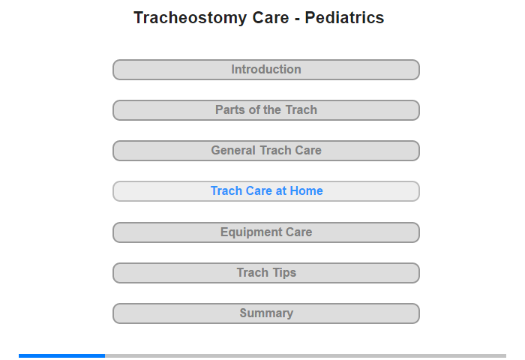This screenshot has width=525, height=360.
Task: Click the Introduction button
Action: [265, 70]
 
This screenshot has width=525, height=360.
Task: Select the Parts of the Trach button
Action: [265, 110]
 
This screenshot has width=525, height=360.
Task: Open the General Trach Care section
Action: [265, 151]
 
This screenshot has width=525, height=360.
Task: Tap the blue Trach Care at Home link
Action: [266, 191]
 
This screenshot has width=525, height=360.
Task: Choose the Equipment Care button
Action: [265, 232]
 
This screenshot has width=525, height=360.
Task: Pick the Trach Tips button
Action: [265, 273]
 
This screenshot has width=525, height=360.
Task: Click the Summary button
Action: [265, 313]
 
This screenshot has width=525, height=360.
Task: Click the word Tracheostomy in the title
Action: [190, 18]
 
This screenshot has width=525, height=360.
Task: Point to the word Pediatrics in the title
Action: [344, 18]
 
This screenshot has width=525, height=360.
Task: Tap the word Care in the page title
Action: [271, 18]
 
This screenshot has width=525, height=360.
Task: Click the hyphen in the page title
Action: [297, 19]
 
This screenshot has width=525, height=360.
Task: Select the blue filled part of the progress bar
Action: [62, 355]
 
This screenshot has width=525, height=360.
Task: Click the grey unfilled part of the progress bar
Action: [306, 355]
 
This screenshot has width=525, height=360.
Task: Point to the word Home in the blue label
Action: [306, 191]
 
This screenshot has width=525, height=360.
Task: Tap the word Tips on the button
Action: [284, 273]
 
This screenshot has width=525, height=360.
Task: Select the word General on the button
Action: [233, 150]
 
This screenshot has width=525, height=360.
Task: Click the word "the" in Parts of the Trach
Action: [271, 109]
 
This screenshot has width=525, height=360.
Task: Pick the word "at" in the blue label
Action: [281, 191]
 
